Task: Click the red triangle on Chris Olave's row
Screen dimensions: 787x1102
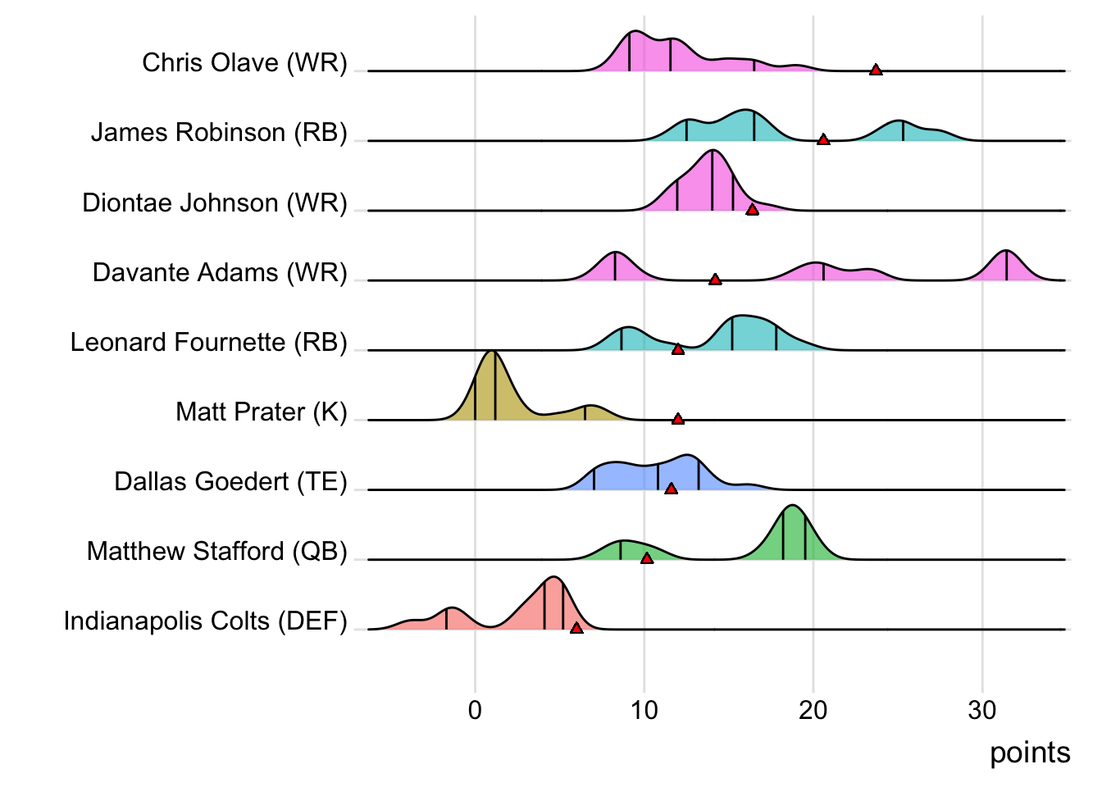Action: click(876, 70)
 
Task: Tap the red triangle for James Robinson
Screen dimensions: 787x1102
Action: click(823, 139)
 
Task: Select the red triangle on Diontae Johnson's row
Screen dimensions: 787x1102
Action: click(752, 210)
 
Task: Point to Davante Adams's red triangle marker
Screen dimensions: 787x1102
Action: click(715, 280)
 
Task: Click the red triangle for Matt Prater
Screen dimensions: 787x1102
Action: click(678, 419)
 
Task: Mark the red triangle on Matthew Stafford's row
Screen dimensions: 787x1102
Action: click(647, 558)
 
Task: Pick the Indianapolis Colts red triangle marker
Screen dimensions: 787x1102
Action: click(576, 628)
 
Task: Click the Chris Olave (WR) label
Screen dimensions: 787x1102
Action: click(244, 62)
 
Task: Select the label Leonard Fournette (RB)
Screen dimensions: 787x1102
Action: click(208, 342)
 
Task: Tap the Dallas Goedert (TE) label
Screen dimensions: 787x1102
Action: click(230, 481)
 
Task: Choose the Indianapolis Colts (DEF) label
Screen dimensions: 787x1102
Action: click(205, 621)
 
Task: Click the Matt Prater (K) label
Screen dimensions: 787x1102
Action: click(261, 412)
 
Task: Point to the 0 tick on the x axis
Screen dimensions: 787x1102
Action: click(475, 710)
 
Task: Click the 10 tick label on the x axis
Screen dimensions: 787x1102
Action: click(644, 710)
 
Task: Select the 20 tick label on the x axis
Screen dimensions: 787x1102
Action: click(813, 710)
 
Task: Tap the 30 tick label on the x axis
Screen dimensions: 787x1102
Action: click(982, 710)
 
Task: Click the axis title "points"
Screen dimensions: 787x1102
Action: click(1030, 753)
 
